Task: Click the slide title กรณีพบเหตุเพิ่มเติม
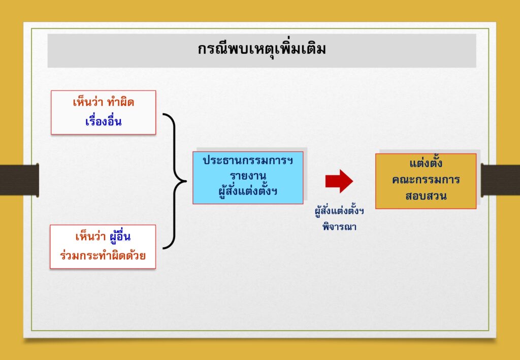click(x=262, y=49)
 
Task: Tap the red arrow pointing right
click(x=339, y=181)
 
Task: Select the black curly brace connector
click(x=175, y=181)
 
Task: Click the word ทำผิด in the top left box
click(x=121, y=102)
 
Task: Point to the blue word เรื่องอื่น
click(x=104, y=121)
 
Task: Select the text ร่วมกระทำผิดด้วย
click(x=103, y=256)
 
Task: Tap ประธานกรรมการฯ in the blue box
click(x=248, y=161)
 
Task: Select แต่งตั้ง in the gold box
click(x=426, y=163)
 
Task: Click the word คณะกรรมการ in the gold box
click(x=426, y=180)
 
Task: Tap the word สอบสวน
click(x=426, y=195)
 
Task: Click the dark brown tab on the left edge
click(x=19, y=180)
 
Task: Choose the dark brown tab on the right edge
click(x=500, y=180)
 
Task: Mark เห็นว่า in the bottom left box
click(x=91, y=237)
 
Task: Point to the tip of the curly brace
click(x=186, y=181)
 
